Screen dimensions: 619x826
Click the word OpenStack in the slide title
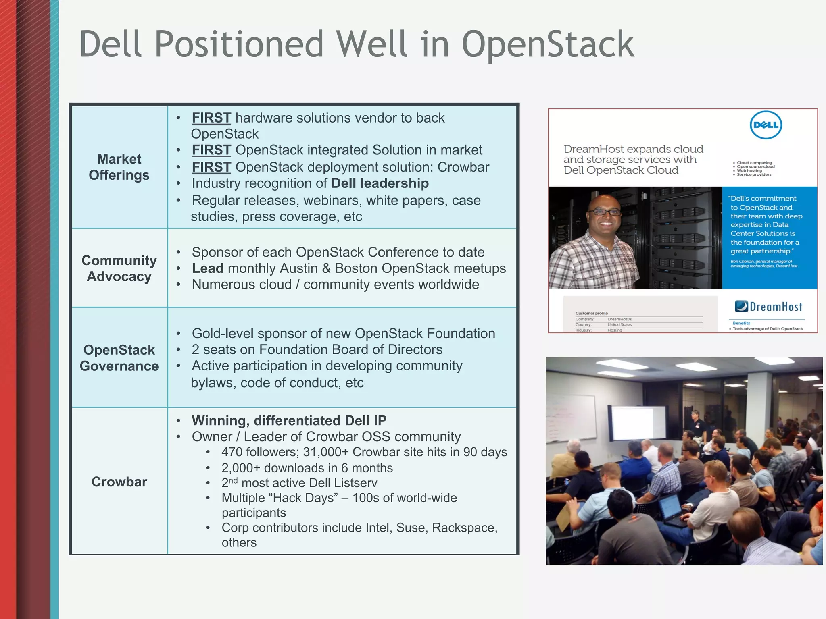tap(548, 45)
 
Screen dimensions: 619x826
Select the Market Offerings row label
tap(119, 167)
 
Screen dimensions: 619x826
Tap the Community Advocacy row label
tap(119, 268)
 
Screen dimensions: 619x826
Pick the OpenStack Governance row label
tap(119, 358)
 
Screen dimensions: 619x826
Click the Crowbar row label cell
tap(119, 482)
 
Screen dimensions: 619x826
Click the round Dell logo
tap(766, 125)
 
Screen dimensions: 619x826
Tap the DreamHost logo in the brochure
tap(768, 307)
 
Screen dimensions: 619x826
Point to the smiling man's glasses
tap(604, 212)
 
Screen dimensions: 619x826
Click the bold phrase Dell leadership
tap(380, 183)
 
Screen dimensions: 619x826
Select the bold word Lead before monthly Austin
tap(207, 268)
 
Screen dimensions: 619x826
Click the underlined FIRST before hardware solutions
tap(211, 118)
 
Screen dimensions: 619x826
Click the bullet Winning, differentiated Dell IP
tap(289, 421)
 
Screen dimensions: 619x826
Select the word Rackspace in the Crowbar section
tap(464, 528)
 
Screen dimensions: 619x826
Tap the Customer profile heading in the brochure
tap(591, 313)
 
